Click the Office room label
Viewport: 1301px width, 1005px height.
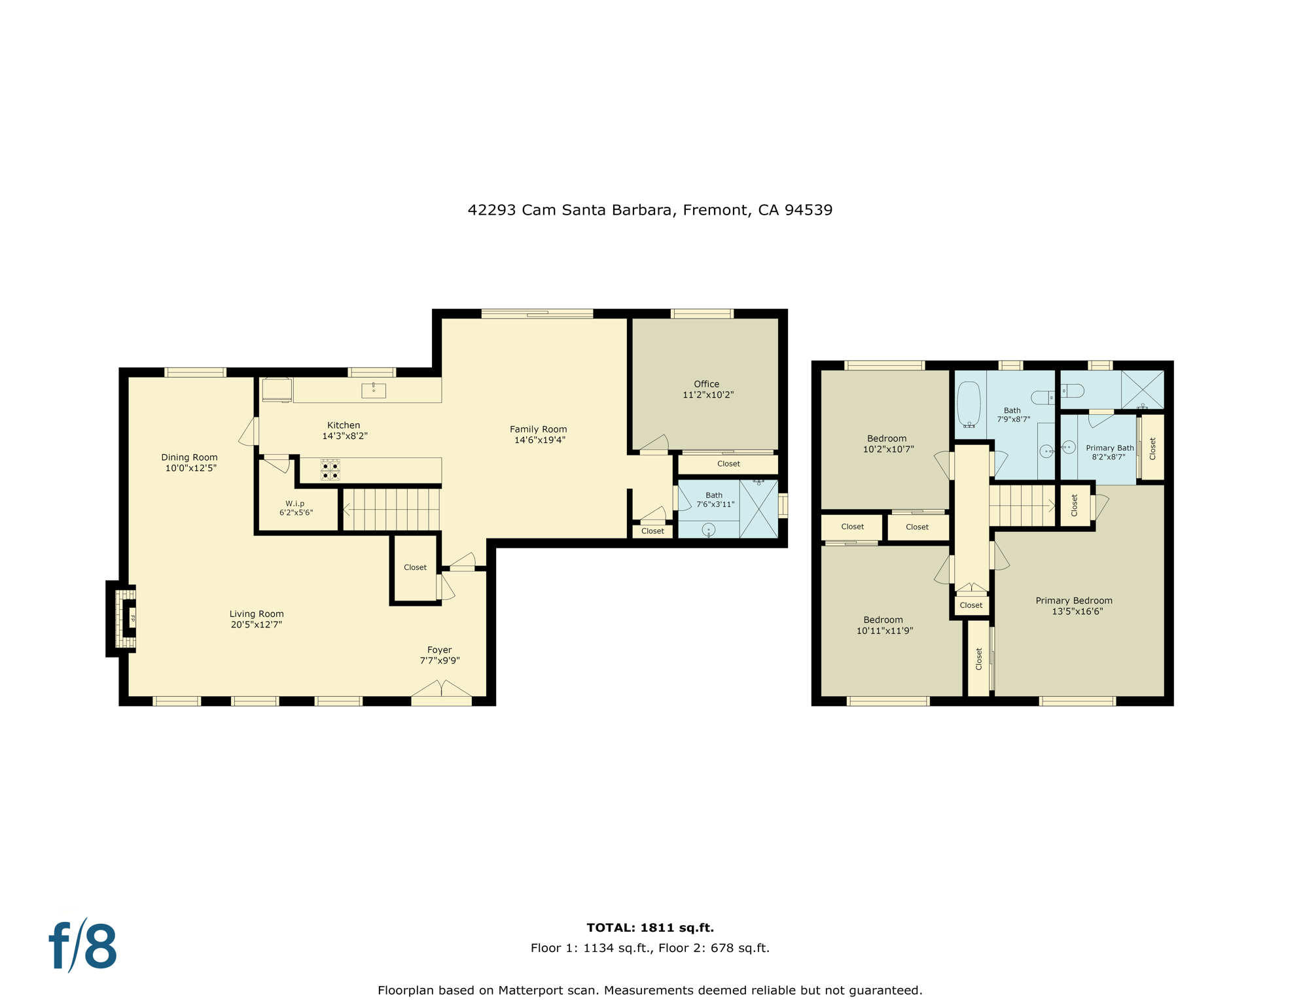[x=707, y=385]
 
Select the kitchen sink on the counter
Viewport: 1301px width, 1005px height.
[x=374, y=391]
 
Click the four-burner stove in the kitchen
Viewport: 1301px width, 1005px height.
[x=330, y=470]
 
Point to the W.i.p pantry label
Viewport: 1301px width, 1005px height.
[x=295, y=504]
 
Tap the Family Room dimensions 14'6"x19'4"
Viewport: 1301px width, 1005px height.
[x=539, y=440]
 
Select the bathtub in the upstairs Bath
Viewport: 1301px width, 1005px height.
[x=969, y=404]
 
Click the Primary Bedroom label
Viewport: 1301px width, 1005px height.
[x=1074, y=601]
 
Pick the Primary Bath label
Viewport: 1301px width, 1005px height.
[x=1109, y=448]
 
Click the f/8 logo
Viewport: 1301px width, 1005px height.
[x=83, y=946]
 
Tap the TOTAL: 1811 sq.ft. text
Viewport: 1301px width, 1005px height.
[x=650, y=927]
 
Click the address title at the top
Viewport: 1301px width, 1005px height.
[x=650, y=210]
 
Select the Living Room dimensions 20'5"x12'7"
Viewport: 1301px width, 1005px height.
[x=257, y=625]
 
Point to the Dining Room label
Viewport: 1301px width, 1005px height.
[x=189, y=457]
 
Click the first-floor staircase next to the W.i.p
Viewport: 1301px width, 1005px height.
[x=391, y=510]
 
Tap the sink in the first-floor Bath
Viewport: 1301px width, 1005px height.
[x=709, y=530]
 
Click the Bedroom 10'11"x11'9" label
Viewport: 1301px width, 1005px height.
[x=883, y=620]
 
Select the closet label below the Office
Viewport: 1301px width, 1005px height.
[x=728, y=464]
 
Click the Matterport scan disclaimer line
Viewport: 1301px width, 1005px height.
[x=650, y=990]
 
